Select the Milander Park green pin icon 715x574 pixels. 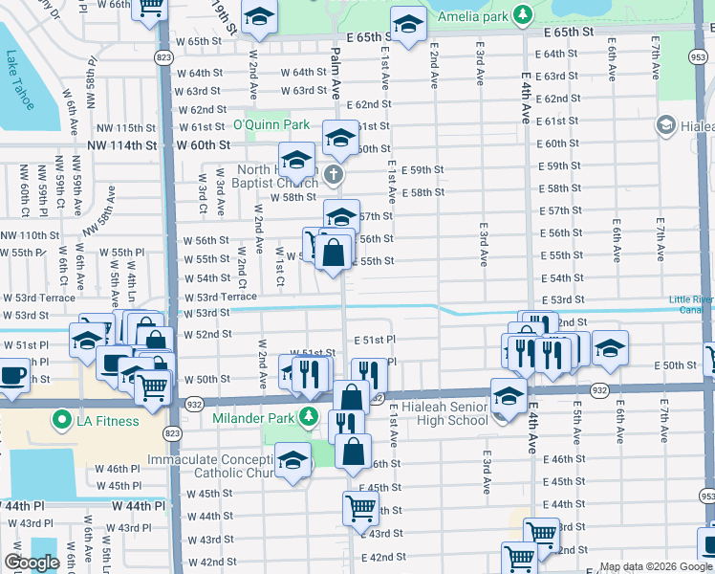click(308, 415)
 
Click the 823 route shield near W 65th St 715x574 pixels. click(164, 57)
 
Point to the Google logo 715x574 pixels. click(32, 563)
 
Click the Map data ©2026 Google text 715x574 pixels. click(655, 566)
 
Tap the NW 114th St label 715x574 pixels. click(120, 145)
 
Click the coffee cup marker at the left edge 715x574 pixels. click(12, 374)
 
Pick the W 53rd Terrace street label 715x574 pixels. click(220, 298)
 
